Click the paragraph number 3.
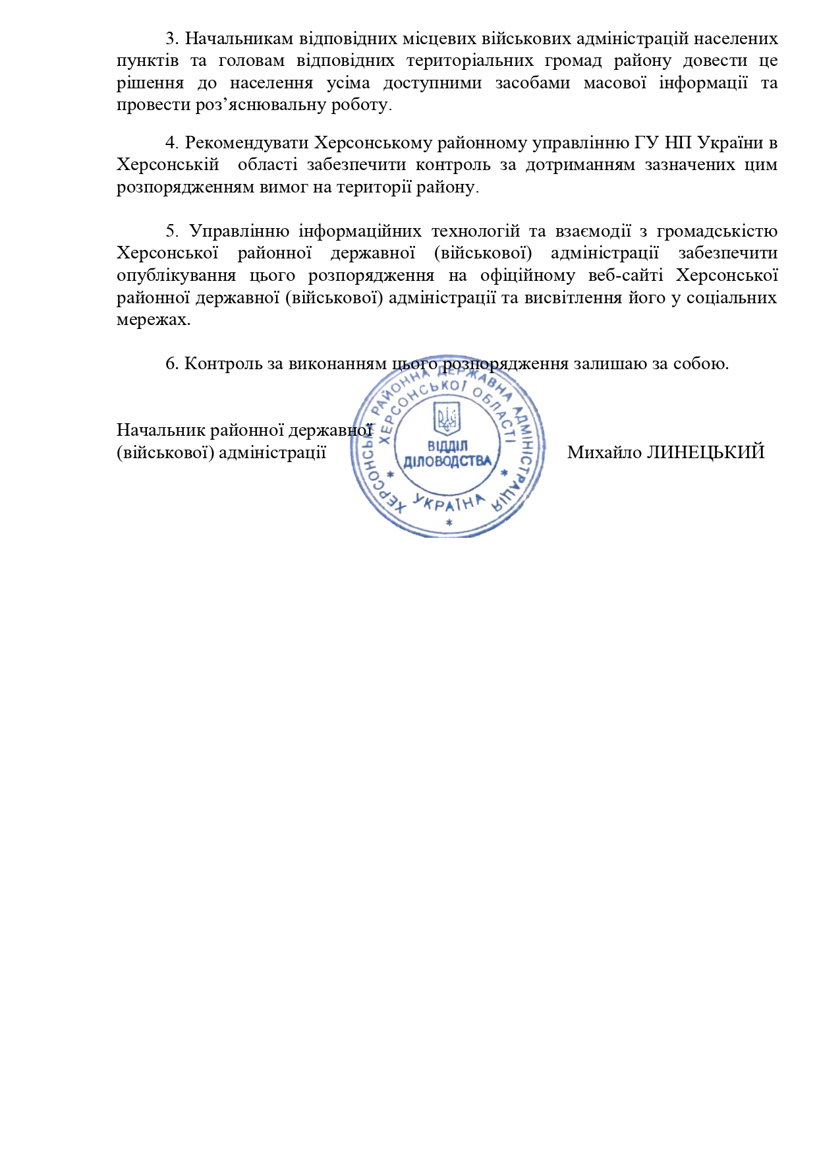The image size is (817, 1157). click(x=169, y=38)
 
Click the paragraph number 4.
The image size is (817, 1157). click(x=170, y=142)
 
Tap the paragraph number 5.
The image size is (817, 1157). click(x=171, y=231)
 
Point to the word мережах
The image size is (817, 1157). click(x=153, y=320)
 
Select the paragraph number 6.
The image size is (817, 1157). click(x=170, y=363)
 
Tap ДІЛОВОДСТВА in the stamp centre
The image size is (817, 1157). click(x=448, y=461)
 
